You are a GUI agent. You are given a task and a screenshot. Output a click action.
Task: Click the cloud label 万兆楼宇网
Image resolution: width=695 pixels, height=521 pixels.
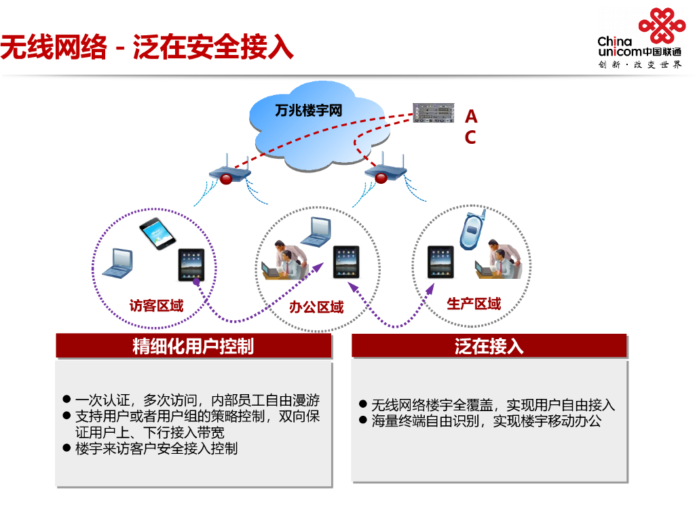pos(308,111)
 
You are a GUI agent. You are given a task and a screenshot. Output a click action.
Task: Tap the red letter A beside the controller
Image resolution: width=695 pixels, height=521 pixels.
pos(470,117)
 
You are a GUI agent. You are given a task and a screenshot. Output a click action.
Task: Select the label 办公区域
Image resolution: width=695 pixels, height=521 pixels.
pos(316,307)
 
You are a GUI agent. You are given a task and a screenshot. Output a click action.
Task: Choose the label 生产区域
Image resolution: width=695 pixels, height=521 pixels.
pos(474,303)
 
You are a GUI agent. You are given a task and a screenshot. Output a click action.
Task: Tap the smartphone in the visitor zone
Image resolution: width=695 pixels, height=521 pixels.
pos(157,234)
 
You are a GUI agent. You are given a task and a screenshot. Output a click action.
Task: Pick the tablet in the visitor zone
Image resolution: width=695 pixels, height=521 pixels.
pos(191,265)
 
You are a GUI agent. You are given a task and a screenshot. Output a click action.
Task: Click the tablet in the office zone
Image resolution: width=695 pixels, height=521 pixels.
pos(346,262)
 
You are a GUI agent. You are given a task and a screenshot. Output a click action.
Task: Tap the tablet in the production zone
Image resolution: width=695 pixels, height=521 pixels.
pos(440,262)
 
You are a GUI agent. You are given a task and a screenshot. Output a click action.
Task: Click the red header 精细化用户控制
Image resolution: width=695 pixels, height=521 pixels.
pos(193,346)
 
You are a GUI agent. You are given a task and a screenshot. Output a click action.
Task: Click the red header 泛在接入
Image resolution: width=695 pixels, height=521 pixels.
pos(489,346)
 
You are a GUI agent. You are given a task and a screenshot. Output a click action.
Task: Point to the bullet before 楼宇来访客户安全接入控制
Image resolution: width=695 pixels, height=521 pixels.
pos(67,448)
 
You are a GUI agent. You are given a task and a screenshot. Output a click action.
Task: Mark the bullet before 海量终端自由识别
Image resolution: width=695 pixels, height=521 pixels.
pos(363,421)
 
